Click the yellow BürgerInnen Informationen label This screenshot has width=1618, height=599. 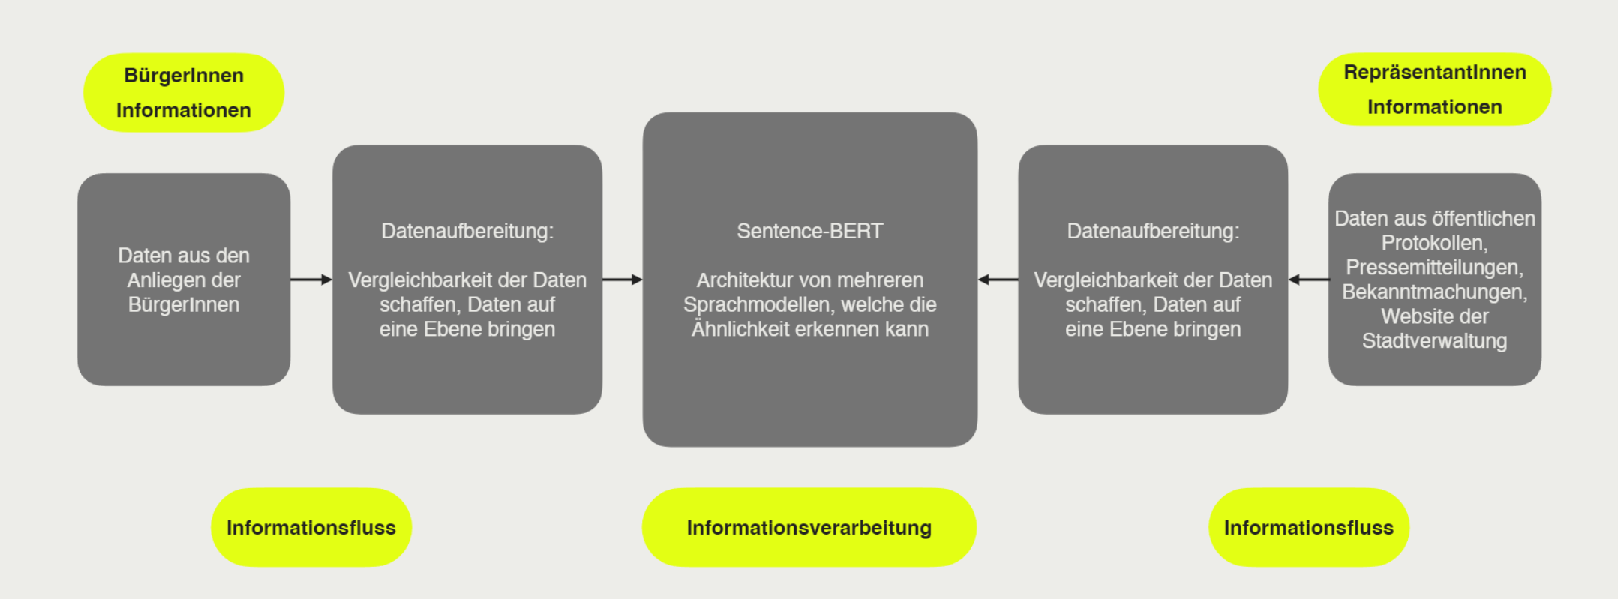[184, 93]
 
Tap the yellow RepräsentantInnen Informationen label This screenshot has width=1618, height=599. [1434, 89]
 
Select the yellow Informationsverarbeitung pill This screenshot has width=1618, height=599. [809, 527]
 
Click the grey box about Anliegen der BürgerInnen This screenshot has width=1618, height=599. [184, 280]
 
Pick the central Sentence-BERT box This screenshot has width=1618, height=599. [809, 280]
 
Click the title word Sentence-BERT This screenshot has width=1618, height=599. [809, 231]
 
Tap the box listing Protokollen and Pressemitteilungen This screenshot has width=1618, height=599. [1434, 280]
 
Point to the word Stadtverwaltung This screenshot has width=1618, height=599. [1434, 341]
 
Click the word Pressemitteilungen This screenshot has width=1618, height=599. [1434, 268]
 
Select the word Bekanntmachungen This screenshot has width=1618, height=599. [1434, 292]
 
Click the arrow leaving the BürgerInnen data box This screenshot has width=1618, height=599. [311, 280]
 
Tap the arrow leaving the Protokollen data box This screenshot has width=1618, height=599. [1308, 280]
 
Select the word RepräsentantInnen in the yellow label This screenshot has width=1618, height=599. [1434, 72]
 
